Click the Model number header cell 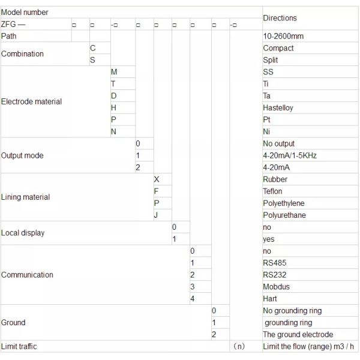point(25,12)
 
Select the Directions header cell point(280,18)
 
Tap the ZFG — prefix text point(13,25)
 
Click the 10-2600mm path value point(283,36)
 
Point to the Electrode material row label point(31,101)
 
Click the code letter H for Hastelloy point(114,107)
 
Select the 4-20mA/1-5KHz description point(290,155)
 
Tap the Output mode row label point(22,155)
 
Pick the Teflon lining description point(272,191)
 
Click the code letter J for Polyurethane point(156,215)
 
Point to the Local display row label point(23,233)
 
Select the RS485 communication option point(275,263)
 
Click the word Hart point(270,298)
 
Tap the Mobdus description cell point(276,286)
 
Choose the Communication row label point(27,275)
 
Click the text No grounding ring point(292,310)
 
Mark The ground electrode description point(298,334)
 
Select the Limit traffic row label point(19,346)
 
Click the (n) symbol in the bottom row point(239,346)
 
